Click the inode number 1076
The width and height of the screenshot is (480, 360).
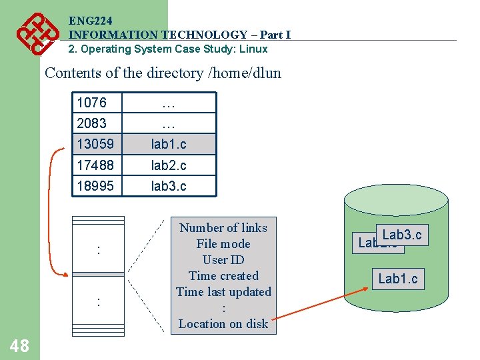[x=91, y=103]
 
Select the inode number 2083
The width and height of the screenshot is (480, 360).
[x=91, y=123]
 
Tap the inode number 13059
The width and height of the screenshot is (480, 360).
[x=95, y=144]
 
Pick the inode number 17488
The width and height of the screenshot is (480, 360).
[x=95, y=165]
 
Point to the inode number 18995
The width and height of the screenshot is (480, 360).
[x=95, y=185]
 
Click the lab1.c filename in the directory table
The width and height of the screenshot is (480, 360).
[x=169, y=144]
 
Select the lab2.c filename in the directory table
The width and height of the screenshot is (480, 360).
[x=169, y=165]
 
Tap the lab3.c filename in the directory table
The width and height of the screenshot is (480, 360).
[x=169, y=185]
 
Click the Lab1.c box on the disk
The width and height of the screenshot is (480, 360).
[x=398, y=279]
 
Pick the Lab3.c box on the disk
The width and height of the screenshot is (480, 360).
[x=402, y=235]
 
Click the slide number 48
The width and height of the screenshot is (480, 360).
[x=19, y=345]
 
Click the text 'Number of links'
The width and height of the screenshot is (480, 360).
[x=223, y=228]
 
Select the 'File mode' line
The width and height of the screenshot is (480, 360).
[x=223, y=244]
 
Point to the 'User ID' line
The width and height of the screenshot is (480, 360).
[x=223, y=260]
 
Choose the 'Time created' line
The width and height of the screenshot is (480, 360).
[x=223, y=276]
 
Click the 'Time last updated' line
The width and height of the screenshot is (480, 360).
[x=223, y=292]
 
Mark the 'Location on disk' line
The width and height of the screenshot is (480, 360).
[x=223, y=324]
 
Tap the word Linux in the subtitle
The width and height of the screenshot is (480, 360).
[x=253, y=49]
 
